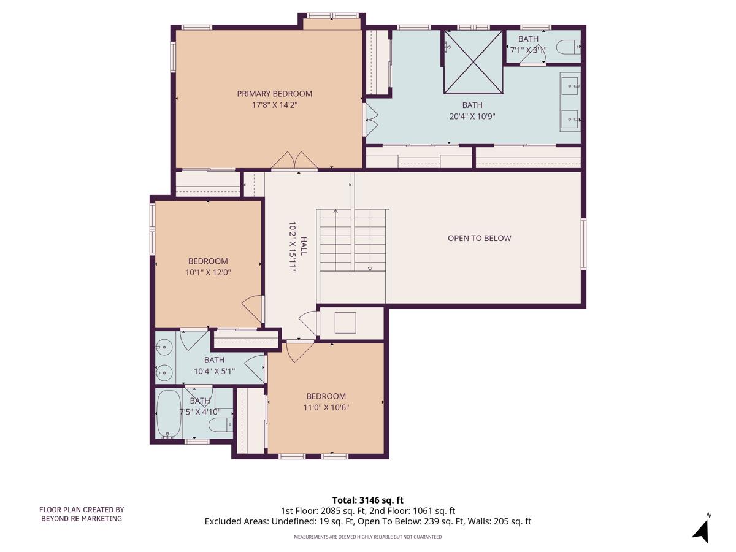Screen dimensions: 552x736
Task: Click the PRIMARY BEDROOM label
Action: point(274,94)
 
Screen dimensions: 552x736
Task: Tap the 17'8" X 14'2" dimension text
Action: point(274,105)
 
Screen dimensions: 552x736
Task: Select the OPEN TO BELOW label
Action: point(479,238)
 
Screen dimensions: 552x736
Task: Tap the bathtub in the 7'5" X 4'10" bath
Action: point(167,414)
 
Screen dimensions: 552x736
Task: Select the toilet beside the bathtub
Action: point(220,424)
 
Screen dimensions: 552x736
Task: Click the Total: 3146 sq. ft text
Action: point(367,500)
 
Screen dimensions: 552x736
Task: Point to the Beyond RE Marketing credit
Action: point(82,514)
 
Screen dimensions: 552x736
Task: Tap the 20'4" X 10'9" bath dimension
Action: point(472,116)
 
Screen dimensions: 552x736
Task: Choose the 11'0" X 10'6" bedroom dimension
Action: point(326,407)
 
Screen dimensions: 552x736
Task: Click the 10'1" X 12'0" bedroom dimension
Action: point(208,272)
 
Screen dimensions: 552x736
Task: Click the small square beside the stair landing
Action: point(345,323)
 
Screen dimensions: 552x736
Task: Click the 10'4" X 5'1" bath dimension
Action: point(214,370)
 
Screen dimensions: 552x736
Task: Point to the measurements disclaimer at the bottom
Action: point(367,537)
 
